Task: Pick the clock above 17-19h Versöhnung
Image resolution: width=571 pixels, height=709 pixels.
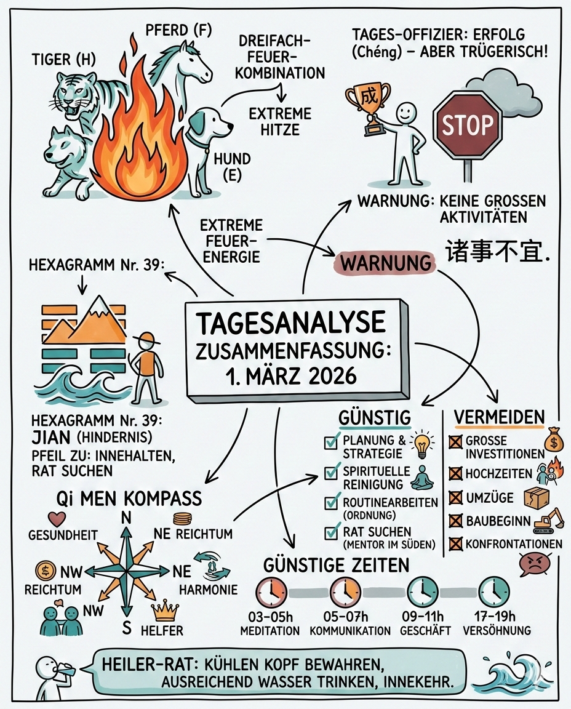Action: pyautogui.click(x=493, y=592)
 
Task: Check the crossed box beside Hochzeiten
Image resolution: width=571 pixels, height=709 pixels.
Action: pyautogui.click(x=455, y=473)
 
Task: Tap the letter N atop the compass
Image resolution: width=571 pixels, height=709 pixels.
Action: pyautogui.click(x=126, y=518)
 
